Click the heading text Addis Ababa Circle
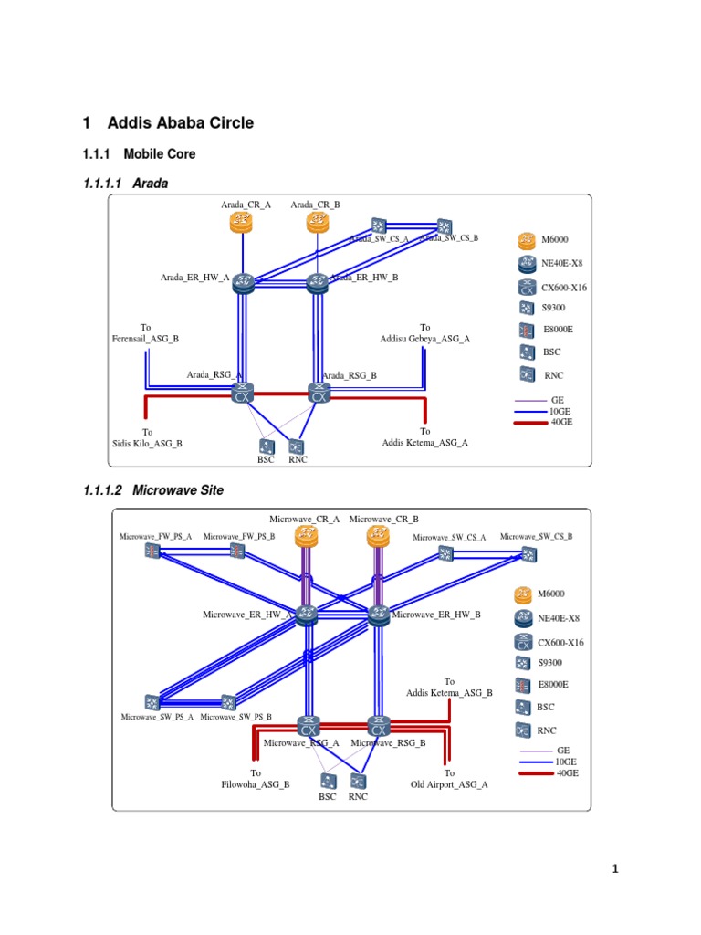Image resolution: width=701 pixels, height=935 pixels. [180, 122]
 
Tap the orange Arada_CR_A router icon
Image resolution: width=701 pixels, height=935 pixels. [240, 222]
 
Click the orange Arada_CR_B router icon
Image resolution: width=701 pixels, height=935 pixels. [317, 222]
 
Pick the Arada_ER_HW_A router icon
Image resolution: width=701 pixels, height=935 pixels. [243, 282]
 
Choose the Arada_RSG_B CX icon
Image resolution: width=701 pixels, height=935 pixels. [319, 394]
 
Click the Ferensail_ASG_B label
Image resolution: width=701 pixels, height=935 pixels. [144, 339]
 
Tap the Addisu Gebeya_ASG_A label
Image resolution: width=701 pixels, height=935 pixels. [424, 339]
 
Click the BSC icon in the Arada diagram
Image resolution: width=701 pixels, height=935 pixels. [266, 446]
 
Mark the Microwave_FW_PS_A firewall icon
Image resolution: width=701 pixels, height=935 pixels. [152, 552]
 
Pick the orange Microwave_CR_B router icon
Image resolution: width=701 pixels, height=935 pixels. [379, 537]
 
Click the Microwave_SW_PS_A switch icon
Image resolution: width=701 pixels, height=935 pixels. [152, 702]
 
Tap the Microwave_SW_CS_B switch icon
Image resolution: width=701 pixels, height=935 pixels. [528, 552]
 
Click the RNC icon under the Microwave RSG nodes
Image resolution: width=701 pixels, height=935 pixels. [359, 782]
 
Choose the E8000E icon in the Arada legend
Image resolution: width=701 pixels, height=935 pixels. [525, 330]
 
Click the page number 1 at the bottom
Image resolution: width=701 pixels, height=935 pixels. [615, 868]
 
